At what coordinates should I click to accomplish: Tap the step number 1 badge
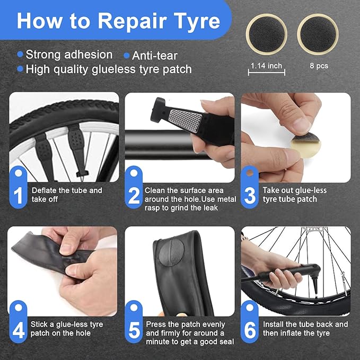[19, 195]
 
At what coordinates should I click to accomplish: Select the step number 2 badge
[135, 195]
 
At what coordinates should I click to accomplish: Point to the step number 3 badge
[250, 195]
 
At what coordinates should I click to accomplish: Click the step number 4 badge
[19, 329]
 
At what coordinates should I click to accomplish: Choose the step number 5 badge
[135, 329]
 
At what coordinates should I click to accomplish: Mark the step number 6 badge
[250, 329]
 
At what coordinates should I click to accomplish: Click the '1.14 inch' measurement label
[266, 66]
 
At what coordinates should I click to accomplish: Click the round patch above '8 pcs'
[318, 33]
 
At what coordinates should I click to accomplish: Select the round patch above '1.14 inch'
[267, 33]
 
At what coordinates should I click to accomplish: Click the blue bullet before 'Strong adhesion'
[20, 54]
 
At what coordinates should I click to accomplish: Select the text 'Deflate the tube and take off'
[67, 195]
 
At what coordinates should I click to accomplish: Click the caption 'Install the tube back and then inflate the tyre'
[305, 329]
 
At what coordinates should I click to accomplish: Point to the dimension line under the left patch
[266, 75]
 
